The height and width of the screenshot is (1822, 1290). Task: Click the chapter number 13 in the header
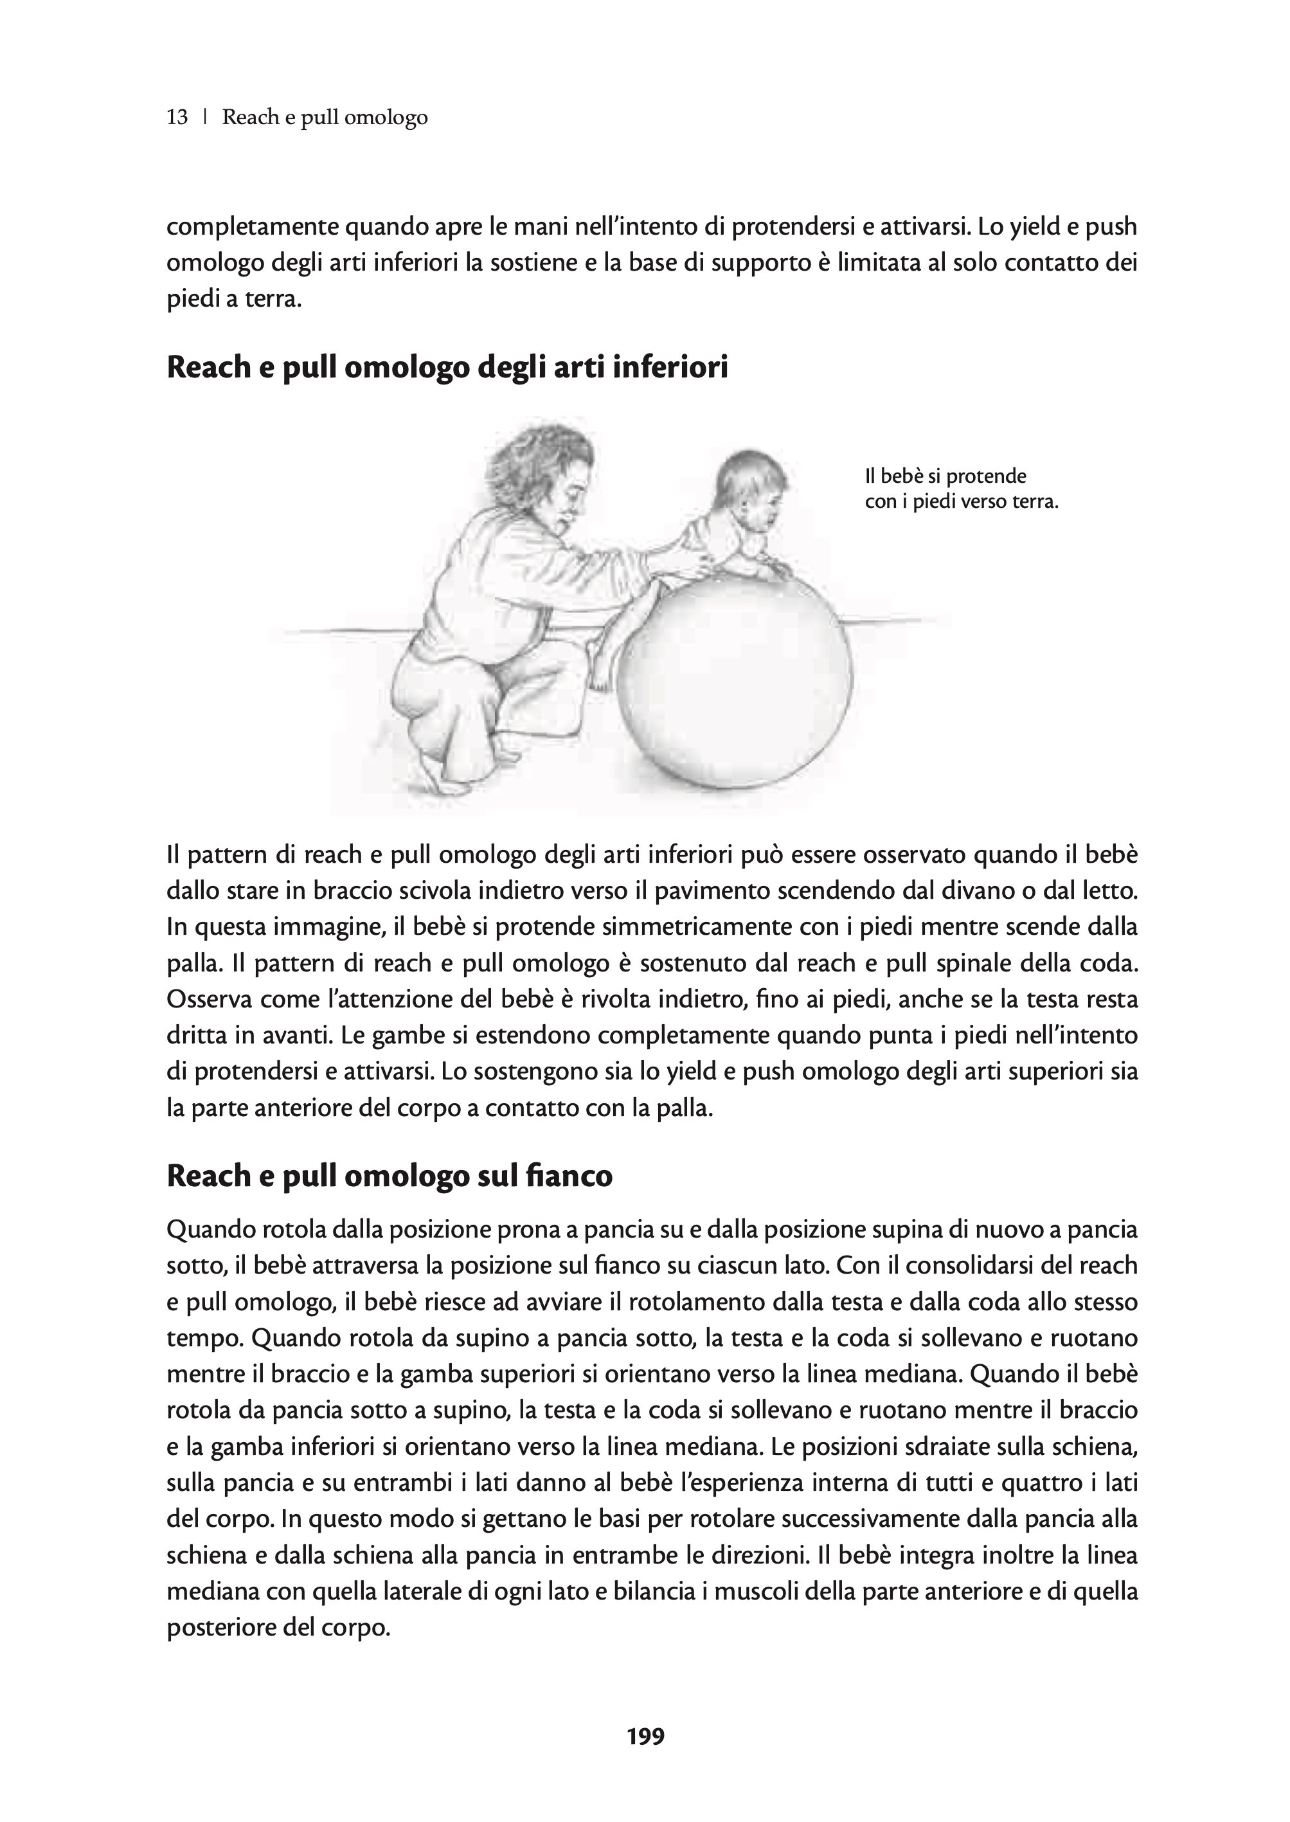point(177,118)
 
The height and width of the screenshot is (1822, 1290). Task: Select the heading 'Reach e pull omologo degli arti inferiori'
point(447,368)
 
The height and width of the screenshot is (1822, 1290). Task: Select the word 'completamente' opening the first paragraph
point(252,227)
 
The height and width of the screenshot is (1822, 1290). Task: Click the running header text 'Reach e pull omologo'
point(325,118)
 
